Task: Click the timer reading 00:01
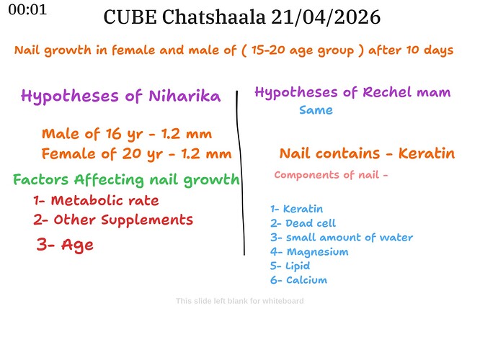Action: [x=27, y=10]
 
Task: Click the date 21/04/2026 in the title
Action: [x=326, y=17]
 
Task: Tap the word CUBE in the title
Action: [x=130, y=17]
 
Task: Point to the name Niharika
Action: [x=185, y=96]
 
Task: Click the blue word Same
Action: [x=316, y=110]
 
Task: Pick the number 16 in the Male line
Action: [x=114, y=134]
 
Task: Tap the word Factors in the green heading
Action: [x=40, y=179]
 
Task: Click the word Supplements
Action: [x=147, y=220]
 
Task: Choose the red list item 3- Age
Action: [x=65, y=245]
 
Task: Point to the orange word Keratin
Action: [x=427, y=153]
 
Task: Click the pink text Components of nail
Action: [x=327, y=175]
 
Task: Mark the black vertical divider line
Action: [x=241, y=173]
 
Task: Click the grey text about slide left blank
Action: [x=240, y=301]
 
